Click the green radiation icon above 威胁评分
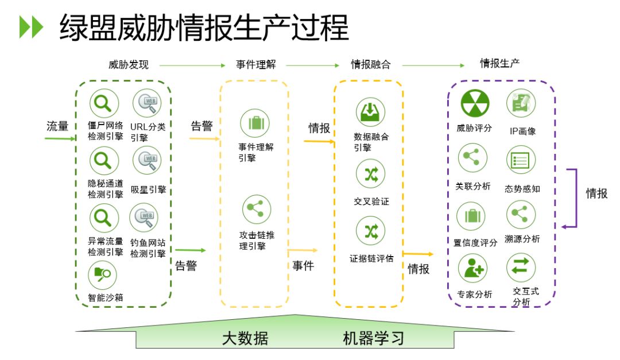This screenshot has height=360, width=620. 475,103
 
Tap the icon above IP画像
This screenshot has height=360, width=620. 521,103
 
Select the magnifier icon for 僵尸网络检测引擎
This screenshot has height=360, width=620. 104,104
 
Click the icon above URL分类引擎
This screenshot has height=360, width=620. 147,104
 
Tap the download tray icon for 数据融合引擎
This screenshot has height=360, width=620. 371,112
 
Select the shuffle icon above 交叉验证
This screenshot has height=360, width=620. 371,175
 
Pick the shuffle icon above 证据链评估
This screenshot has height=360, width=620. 371,231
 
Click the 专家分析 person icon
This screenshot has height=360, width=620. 472,269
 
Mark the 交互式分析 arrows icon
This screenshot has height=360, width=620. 521,268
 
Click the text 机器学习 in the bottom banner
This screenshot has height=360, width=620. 374,338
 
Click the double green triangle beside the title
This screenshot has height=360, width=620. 31,28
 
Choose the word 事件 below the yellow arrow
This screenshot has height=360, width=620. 303,266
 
